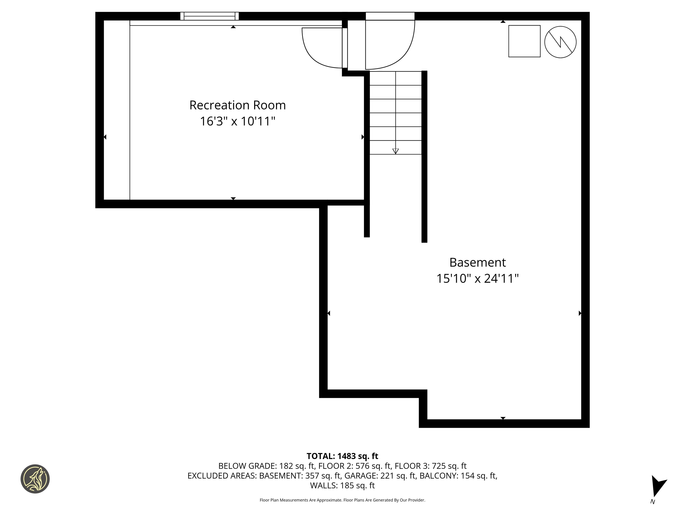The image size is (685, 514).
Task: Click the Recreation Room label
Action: click(237, 105)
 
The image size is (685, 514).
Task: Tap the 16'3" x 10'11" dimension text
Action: click(237, 121)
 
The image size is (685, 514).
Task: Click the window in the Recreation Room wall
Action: click(210, 16)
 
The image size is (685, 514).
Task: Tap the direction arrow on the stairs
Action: click(395, 151)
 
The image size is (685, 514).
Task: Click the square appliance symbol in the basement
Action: click(524, 41)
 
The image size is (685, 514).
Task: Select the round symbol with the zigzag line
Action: click(560, 42)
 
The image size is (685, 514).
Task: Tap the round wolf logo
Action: click(35, 479)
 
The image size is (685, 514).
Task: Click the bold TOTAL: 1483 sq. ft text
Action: click(342, 456)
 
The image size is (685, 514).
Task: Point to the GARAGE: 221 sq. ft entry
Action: click(380, 476)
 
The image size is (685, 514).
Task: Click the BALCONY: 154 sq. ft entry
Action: click(458, 476)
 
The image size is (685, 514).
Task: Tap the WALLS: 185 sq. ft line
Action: click(342, 485)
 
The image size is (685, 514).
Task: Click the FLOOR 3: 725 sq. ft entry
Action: click(430, 466)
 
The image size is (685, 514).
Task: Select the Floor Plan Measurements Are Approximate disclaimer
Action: click(342, 500)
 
